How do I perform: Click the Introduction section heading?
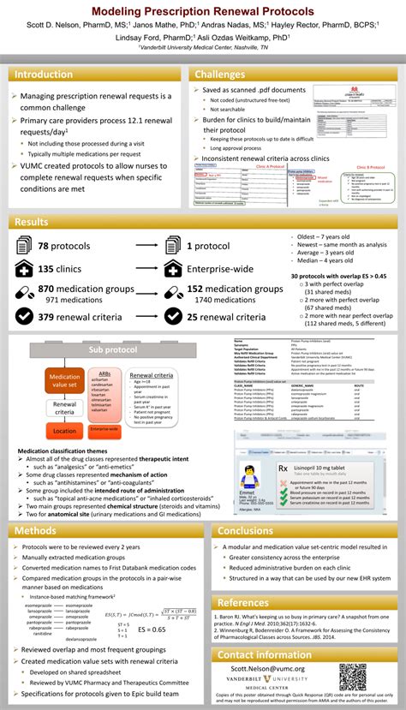[x=45, y=75]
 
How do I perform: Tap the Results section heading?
[x=32, y=223]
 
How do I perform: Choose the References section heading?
[x=243, y=603]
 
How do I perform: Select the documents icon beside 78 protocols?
[x=24, y=248]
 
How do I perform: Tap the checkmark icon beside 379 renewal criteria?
[x=24, y=318]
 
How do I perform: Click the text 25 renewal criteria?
[x=226, y=318]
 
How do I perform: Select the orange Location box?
[x=64, y=432]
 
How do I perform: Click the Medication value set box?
[x=64, y=379]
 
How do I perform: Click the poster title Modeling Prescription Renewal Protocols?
[x=202, y=10]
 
